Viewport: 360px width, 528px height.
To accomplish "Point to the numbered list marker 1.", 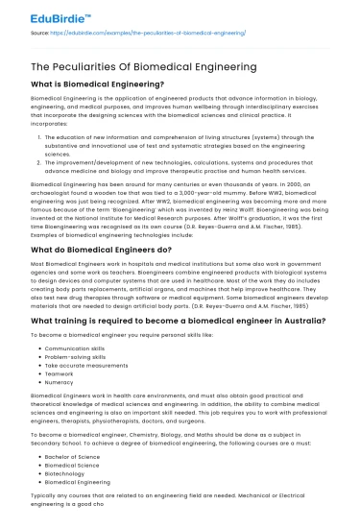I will (x=40, y=137).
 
